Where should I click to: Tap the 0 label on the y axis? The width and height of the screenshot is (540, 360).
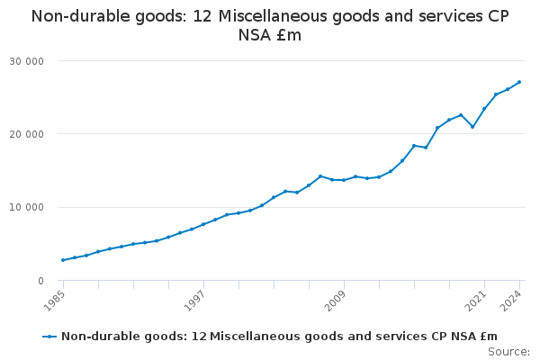(40, 281)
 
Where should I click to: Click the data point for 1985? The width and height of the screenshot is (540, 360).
(63, 260)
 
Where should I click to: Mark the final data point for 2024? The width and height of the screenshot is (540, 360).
(519, 82)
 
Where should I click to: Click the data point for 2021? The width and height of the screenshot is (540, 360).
(484, 109)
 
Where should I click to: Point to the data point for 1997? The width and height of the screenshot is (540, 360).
(203, 224)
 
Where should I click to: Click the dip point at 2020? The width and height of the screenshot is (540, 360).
(472, 127)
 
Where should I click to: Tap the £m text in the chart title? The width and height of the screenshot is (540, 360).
(290, 35)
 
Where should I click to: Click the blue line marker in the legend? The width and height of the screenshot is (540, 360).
(49, 337)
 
